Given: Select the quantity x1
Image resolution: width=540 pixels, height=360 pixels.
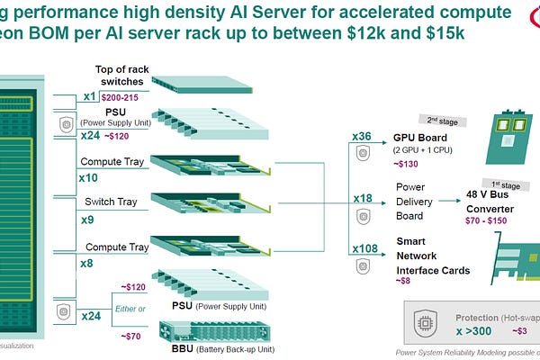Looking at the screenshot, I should coord(90,95).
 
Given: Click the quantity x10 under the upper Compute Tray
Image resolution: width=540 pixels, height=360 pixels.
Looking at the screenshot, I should coord(88,178).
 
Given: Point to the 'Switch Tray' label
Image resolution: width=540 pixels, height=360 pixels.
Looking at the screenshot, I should coord(109,202).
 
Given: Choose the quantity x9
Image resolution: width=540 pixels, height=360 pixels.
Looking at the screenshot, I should coord(87,218).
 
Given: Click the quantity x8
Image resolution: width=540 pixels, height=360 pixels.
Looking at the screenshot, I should coord(87,263).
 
